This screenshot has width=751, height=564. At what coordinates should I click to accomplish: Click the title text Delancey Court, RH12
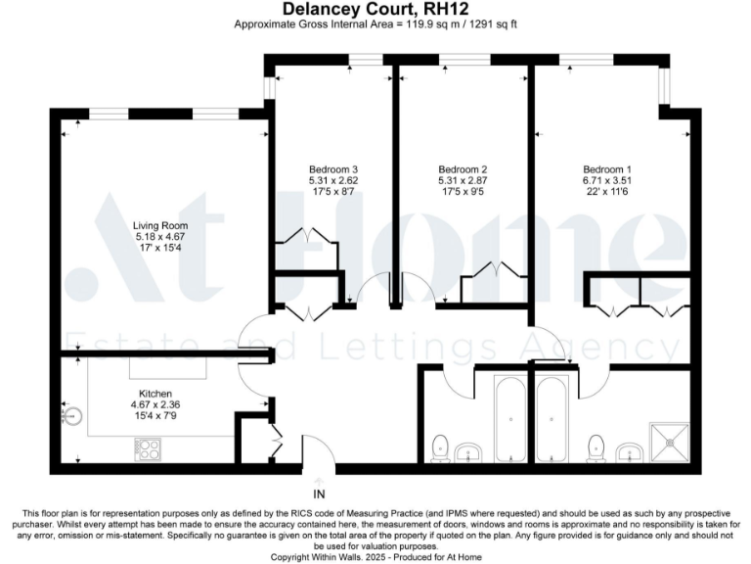click(375, 9)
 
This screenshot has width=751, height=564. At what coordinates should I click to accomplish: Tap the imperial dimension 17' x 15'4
click(158, 249)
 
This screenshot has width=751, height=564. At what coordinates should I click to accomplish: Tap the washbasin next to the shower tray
click(629, 451)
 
